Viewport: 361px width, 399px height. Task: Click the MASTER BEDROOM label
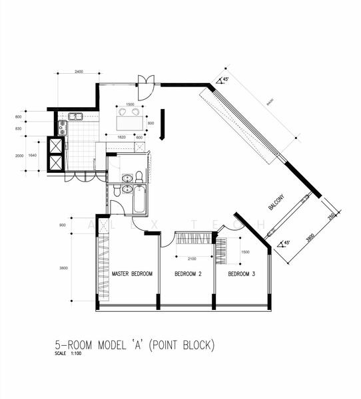132,274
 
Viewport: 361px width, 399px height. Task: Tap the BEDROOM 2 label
188,274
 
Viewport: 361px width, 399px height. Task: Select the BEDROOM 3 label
242,274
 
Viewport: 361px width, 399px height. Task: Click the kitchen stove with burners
62,127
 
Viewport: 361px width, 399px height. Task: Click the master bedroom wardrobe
103,262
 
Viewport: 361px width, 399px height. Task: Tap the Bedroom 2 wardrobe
194,238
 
